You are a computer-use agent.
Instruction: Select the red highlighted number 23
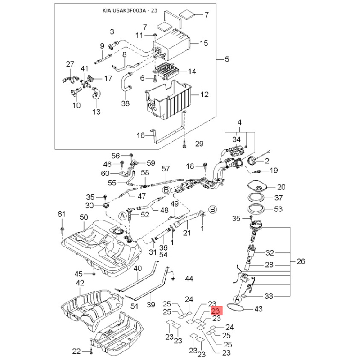(216, 311)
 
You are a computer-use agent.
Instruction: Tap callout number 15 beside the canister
(204, 43)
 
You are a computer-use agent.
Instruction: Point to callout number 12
(205, 95)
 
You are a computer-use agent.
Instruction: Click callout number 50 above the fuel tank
(83, 217)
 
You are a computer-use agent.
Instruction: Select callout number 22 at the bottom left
(76, 351)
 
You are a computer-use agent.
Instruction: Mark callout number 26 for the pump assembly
(301, 261)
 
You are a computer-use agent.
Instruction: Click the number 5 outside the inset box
(227, 59)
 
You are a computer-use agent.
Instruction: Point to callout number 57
(166, 169)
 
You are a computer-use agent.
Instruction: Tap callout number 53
(278, 209)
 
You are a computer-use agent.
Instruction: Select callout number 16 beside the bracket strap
(141, 135)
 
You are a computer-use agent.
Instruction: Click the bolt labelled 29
(185, 144)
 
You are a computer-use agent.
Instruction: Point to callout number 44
(189, 279)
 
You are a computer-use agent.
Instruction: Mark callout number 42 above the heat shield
(80, 283)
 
